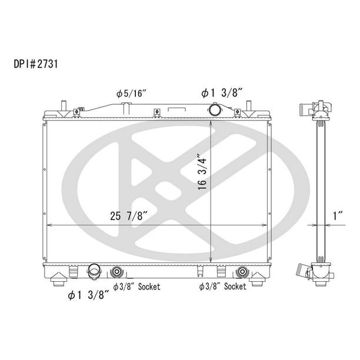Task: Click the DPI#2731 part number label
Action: (35, 64)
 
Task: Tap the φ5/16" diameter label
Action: (131, 94)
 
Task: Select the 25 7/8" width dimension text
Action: (129, 216)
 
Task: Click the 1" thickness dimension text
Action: (338, 216)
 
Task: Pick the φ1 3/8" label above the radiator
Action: (222, 93)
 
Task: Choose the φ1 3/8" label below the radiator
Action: (88, 295)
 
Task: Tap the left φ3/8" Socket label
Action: (136, 286)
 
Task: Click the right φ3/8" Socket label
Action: (223, 286)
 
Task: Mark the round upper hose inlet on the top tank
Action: (215, 110)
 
